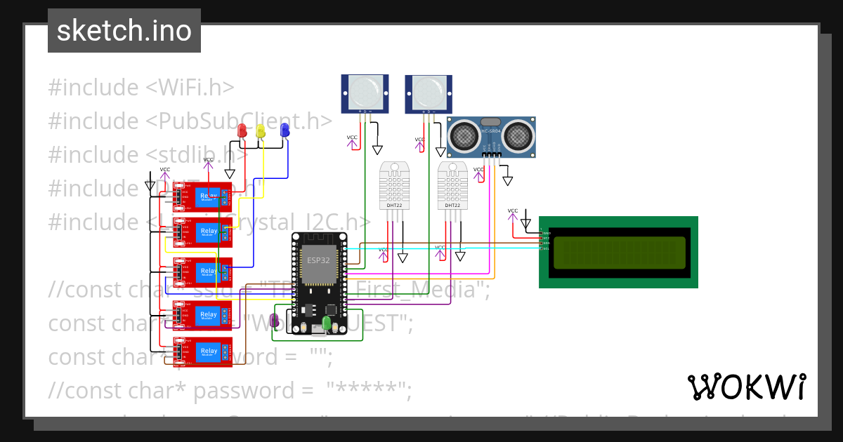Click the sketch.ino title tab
coord(124,31)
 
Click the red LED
coord(242,130)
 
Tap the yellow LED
coord(261,130)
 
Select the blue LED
coord(285,130)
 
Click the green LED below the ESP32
coord(326,323)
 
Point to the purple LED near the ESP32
coord(275,321)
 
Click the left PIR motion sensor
coord(365,92)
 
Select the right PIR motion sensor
coord(429,92)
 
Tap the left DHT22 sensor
coord(394,185)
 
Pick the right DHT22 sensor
coord(452,185)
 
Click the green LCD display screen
coord(619,253)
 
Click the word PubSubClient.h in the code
coord(239,121)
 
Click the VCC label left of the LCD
coord(513,211)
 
